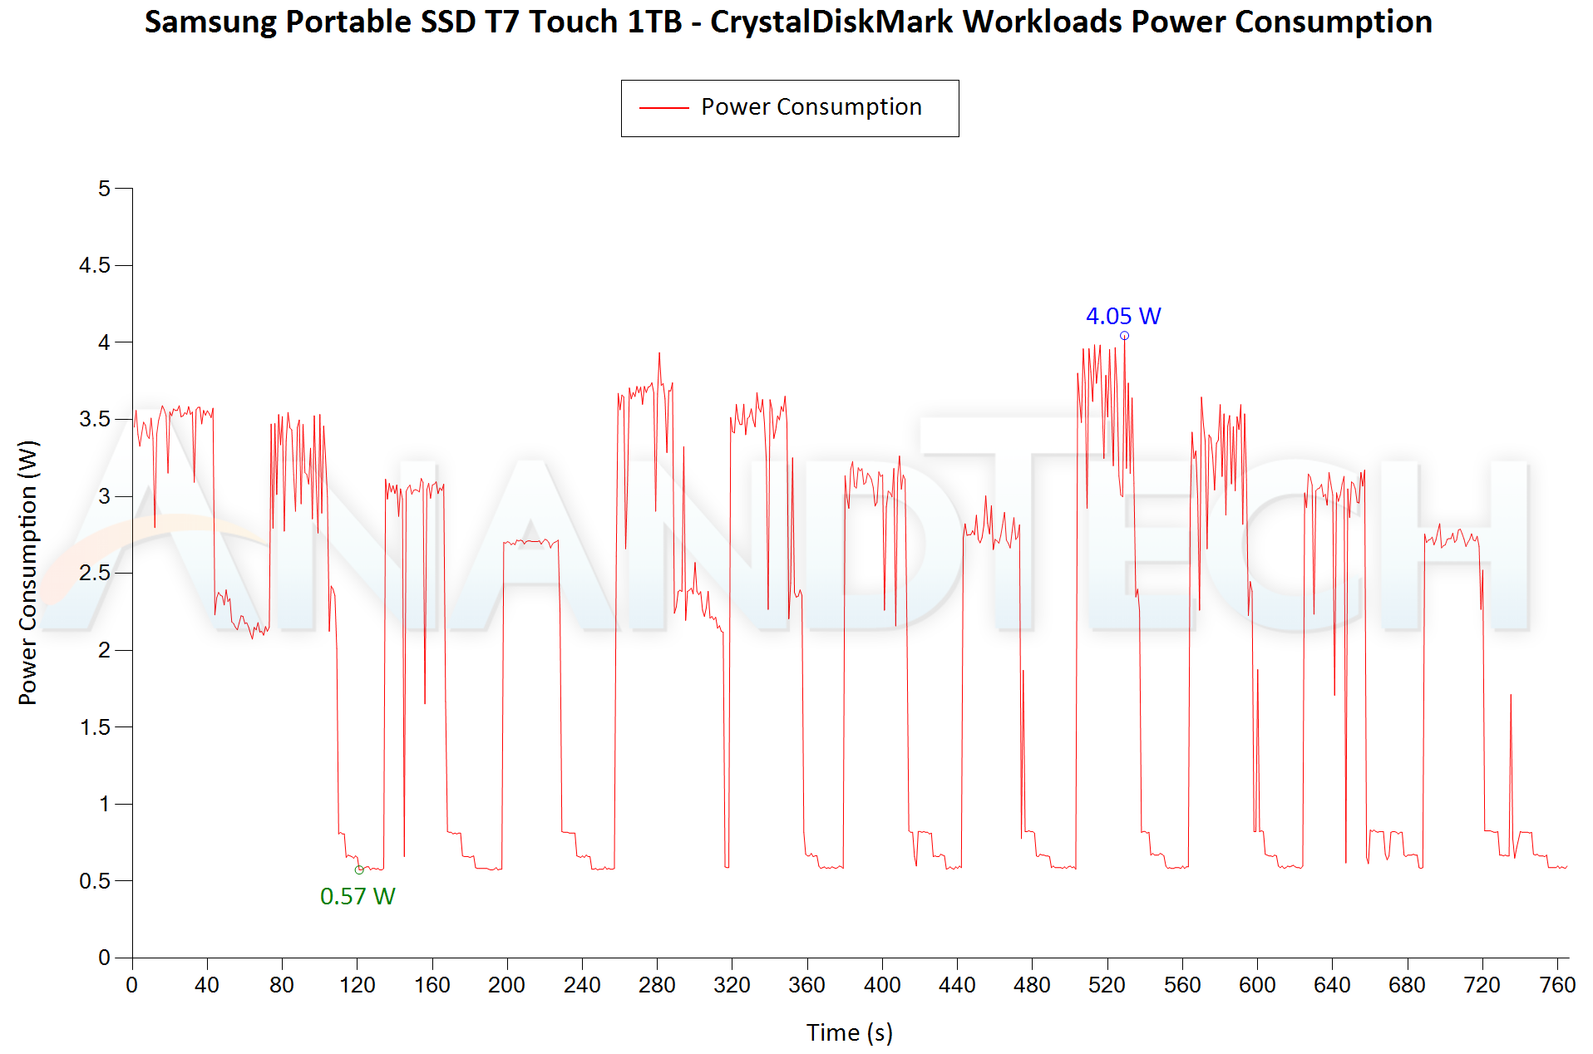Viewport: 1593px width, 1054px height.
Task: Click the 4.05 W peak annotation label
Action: point(1122,317)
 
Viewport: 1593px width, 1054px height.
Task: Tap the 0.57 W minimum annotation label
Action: point(358,896)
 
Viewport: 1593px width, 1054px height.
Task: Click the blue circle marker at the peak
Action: point(1124,336)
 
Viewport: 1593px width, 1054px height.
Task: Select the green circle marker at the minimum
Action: point(359,870)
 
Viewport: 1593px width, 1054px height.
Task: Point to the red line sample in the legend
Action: point(663,108)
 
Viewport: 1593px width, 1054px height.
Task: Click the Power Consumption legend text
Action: point(811,107)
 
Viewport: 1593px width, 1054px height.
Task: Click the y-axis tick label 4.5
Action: point(94,265)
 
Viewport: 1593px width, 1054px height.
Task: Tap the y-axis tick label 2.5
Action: point(94,573)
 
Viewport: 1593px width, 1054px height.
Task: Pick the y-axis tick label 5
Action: point(104,189)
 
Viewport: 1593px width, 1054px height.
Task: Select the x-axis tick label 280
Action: point(657,986)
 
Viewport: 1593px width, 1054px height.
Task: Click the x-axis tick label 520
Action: point(1107,986)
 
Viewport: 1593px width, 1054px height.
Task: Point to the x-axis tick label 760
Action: point(1556,986)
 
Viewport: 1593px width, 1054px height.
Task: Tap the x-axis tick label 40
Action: point(207,986)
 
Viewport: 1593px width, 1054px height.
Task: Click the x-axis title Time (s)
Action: point(849,1032)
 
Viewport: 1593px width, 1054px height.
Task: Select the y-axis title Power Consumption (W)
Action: point(28,573)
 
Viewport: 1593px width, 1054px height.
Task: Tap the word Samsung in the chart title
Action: point(210,22)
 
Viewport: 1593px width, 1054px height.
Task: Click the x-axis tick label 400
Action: point(882,986)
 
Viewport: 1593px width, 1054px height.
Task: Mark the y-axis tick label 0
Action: point(104,958)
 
